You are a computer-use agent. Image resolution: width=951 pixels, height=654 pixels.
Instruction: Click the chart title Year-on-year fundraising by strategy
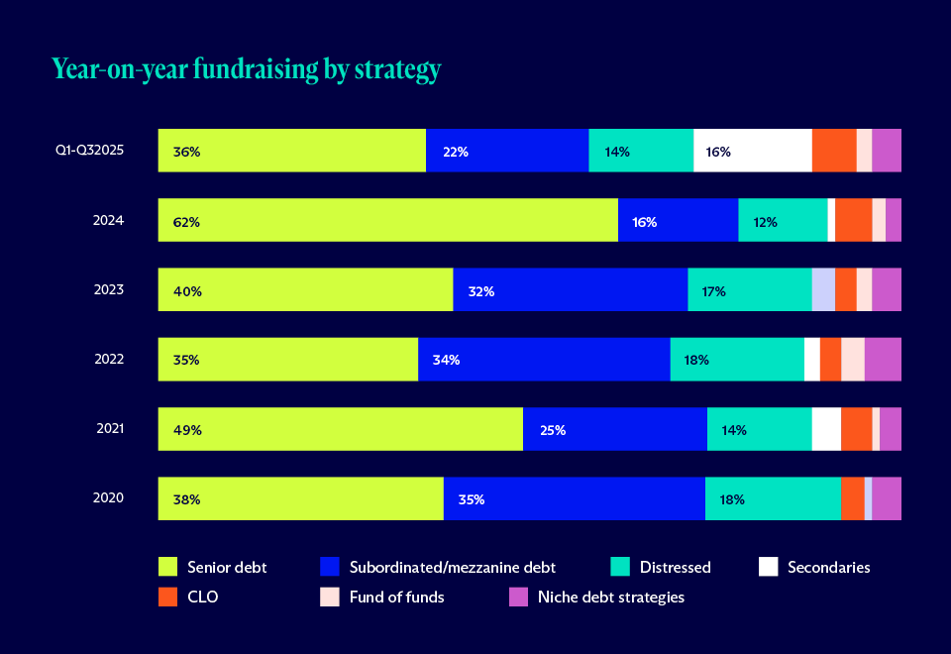point(246,69)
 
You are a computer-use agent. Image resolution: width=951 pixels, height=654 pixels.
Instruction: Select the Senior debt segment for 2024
point(387,220)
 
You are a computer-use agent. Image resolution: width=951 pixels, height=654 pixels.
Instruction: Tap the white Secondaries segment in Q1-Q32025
point(752,151)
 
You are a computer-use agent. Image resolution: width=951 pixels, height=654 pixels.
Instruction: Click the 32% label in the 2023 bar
point(481,291)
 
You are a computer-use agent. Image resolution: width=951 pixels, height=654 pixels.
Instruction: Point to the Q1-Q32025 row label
point(90,151)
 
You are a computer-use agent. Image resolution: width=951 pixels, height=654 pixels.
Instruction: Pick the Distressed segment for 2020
point(773,498)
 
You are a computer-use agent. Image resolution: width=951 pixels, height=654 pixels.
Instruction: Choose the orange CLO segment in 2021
point(856,429)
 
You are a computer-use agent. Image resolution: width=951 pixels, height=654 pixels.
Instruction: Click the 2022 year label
point(108,359)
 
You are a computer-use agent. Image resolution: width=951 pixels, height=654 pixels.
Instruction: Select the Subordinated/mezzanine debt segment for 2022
point(544,359)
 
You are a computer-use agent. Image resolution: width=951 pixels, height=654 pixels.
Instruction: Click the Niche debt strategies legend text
point(610,597)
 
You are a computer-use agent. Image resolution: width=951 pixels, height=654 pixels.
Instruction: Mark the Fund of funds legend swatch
point(330,597)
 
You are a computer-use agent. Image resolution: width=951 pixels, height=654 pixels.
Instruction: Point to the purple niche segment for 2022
point(883,359)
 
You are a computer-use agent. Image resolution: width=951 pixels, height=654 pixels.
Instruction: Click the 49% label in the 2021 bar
point(187,430)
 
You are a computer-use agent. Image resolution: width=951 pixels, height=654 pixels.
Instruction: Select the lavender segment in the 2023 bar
point(823,289)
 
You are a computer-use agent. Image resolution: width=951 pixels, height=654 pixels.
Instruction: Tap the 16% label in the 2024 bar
point(644,222)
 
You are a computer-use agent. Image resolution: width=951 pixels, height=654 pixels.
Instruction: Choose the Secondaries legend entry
point(828,567)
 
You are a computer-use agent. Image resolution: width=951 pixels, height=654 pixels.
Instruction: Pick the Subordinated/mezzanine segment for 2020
point(574,498)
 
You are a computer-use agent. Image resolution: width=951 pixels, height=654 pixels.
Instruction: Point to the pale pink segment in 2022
point(852,359)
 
